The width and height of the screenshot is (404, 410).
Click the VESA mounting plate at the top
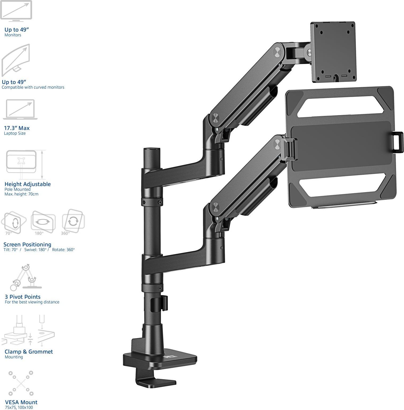[333, 52]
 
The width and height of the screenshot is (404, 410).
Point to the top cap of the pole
[152, 150]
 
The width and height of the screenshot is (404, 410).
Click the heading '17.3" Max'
[17, 128]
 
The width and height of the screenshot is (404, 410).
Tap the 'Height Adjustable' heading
[28, 184]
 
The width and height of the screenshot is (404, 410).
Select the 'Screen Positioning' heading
[27, 244]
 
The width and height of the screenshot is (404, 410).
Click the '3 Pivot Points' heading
[23, 297]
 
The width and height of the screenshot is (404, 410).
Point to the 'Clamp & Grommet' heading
[29, 352]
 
